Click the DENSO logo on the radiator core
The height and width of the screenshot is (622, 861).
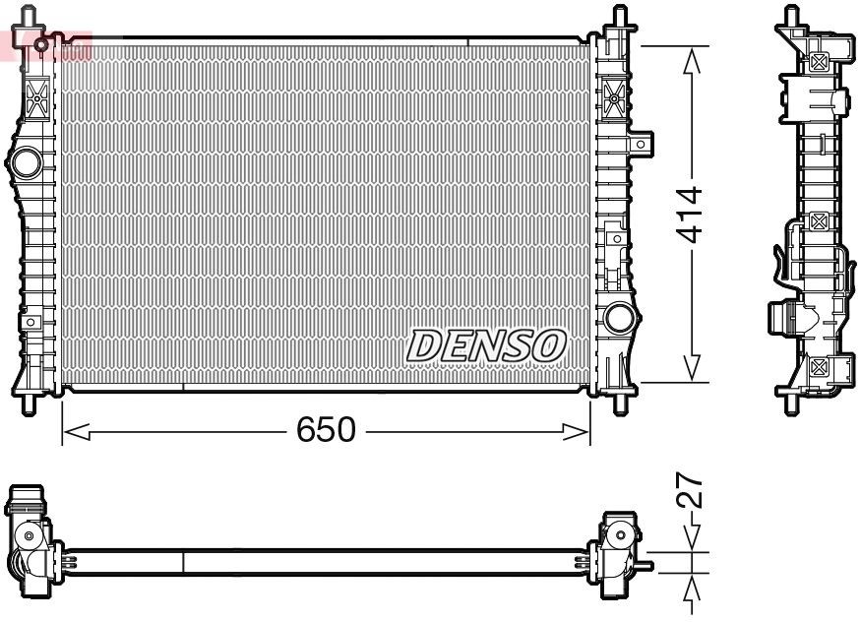pos(487,344)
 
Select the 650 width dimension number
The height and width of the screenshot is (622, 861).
pos(326,430)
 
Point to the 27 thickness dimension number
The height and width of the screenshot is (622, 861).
pos(693,490)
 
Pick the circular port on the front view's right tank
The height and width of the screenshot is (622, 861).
pos(619,317)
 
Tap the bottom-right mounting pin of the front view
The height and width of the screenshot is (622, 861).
pos(620,404)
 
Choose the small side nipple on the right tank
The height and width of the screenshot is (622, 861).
pos(645,145)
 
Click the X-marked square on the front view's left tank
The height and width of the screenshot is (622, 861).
pos(38,98)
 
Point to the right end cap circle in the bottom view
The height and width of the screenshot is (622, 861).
pos(620,536)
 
